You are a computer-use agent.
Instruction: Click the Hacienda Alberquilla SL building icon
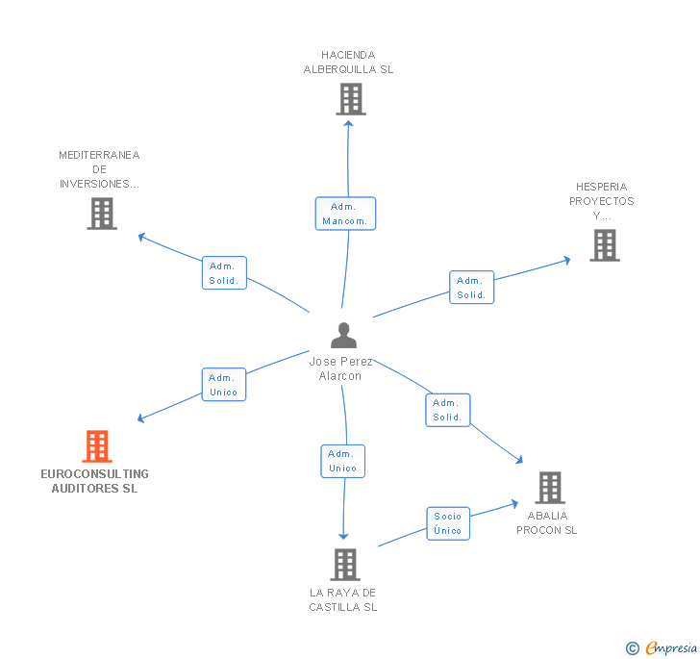[x=350, y=98]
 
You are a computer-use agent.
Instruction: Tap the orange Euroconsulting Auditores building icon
[x=97, y=446]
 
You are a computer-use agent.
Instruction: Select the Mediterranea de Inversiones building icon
[x=101, y=214]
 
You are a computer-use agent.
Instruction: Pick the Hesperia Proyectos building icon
[x=604, y=245]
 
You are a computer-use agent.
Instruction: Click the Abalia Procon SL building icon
[x=549, y=488]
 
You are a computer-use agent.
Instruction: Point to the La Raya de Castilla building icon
[x=344, y=565]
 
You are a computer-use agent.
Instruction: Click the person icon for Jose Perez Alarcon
[x=343, y=335]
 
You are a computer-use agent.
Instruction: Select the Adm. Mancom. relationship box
[x=345, y=214]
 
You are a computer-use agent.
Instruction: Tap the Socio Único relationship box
[x=447, y=523]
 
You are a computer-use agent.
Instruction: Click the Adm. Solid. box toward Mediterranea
[x=224, y=273]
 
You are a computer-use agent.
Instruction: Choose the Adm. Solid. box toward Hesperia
[x=471, y=288]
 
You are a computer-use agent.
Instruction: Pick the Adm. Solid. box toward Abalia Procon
[x=447, y=410]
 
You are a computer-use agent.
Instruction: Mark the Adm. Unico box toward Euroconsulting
[x=224, y=385]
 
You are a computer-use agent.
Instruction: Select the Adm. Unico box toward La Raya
[x=342, y=461]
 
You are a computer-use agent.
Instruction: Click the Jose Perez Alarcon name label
[x=340, y=368]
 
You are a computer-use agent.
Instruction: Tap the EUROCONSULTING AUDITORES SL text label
[x=95, y=481]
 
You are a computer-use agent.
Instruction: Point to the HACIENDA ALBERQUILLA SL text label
[x=348, y=63]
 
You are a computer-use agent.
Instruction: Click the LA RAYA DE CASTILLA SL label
[x=343, y=599]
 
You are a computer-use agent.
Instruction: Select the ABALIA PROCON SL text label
[x=547, y=522]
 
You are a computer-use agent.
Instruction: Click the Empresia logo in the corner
[x=661, y=647]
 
